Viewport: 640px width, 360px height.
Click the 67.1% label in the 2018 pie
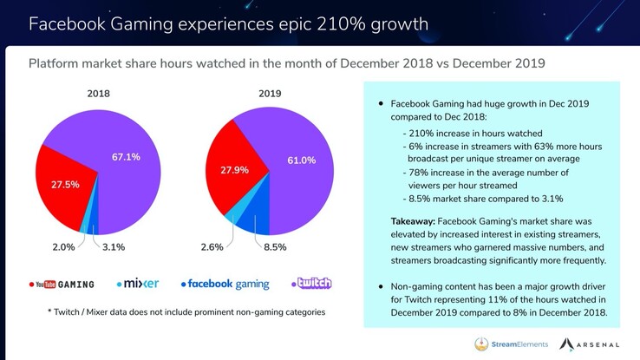point(126,157)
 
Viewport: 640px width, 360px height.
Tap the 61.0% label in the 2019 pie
point(301,160)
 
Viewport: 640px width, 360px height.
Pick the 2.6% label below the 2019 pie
point(212,247)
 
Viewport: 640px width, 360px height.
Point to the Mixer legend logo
point(137,284)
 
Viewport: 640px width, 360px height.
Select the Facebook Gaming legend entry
point(225,284)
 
